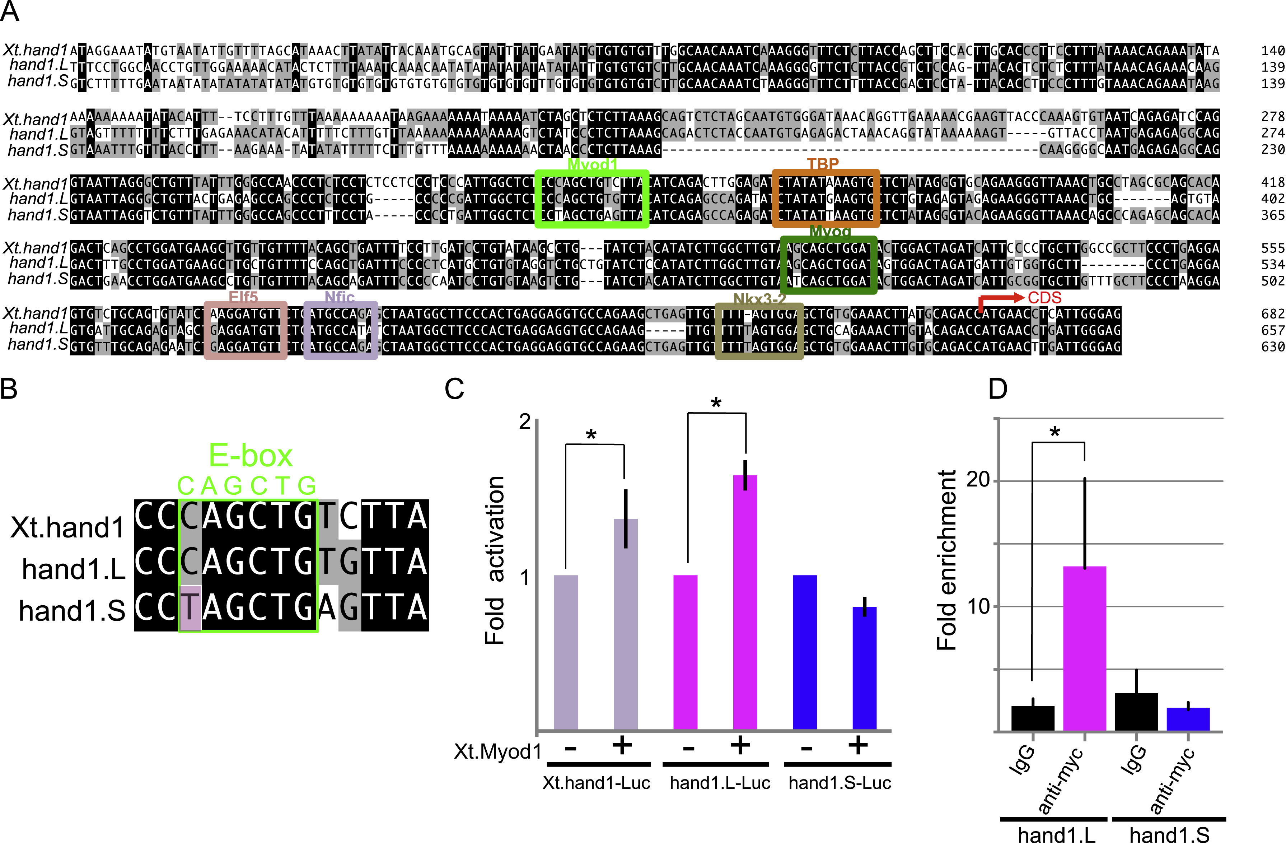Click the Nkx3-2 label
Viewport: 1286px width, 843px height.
(759, 299)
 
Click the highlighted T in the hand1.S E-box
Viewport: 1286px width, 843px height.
(190, 608)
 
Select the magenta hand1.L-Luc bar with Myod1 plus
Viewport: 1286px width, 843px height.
(745, 602)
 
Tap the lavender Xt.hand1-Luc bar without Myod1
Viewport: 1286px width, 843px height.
(566, 652)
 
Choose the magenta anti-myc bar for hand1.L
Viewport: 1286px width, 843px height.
(1084, 648)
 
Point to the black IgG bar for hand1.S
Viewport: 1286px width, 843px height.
(1136, 712)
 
